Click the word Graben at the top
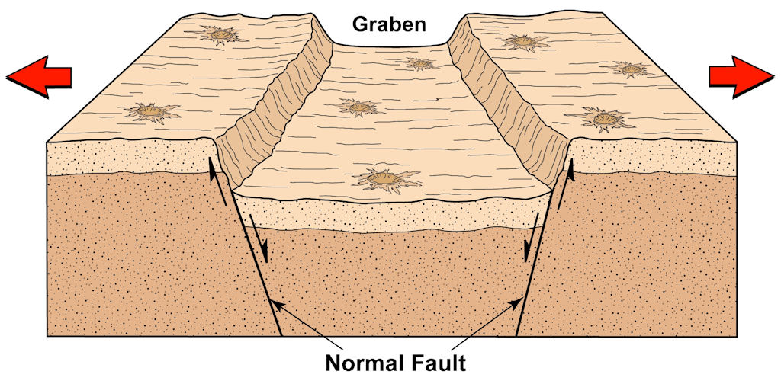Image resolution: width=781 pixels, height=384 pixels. (x=389, y=24)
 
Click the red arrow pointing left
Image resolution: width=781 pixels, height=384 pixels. (x=39, y=77)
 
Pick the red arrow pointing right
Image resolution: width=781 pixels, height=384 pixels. (x=741, y=77)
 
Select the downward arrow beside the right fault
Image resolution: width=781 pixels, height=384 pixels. (x=532, y=238)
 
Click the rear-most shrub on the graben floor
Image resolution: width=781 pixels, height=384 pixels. (x=420, y=63)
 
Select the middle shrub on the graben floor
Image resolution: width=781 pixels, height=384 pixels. (x=357, y=107)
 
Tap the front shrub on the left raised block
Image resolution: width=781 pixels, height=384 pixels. (x=152, y=111)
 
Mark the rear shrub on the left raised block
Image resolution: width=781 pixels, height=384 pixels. (x=218, y=35)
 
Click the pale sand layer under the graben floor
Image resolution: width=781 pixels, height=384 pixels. (x=391, y=215)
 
